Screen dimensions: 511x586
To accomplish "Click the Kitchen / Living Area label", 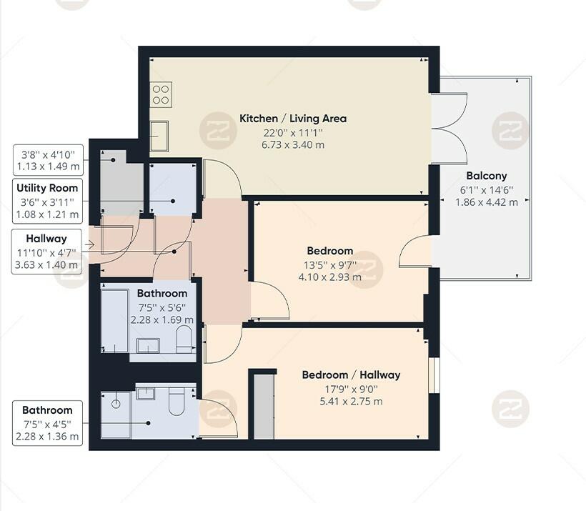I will pos(293,118).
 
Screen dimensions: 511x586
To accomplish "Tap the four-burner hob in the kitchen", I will pos(161,95).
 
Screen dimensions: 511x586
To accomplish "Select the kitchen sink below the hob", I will pos(159,134).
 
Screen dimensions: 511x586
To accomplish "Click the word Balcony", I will pos(486,176).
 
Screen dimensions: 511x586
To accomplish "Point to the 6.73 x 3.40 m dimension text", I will pos(293,144).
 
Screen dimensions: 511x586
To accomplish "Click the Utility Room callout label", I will pos(49,188).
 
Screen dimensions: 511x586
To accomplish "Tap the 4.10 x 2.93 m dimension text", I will pos(329,277).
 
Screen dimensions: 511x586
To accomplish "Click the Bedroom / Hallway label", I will pos(351,374).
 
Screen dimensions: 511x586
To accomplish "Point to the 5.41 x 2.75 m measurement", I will pos(351,401).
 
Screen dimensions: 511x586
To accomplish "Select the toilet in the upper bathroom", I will pos(184,340).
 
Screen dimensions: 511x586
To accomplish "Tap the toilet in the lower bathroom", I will pos(177,403).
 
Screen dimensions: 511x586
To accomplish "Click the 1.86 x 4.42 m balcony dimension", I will pos(486,202).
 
